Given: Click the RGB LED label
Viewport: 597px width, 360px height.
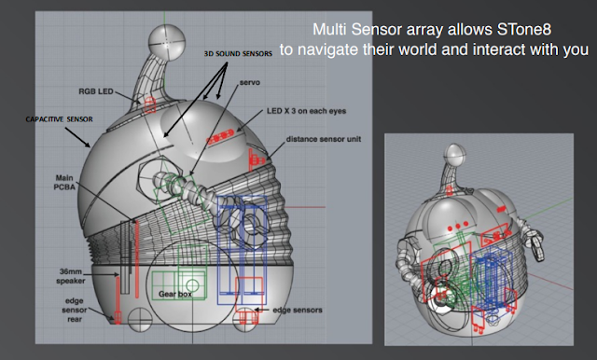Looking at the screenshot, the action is pyautogui.click(x=96, y=91).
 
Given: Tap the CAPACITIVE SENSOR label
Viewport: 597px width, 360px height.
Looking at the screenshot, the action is pyautogui.click(x=59, y=119).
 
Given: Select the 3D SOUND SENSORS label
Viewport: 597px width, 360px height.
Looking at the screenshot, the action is pyautogui.click(x=238, y=54).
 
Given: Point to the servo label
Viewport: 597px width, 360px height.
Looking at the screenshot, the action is pyautogui.click(x=250, y=83).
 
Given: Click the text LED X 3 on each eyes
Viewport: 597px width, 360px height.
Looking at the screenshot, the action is pyautogui.click(x=306, y=111).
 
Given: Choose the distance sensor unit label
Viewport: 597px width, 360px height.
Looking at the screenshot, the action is pyautogui.click(x=324, y=139).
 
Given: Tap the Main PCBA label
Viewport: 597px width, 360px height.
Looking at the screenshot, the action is pyautogui.click(x=64, y=182).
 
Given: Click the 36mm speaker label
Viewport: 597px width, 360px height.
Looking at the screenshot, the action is pyautogui.click(x=71, y=276).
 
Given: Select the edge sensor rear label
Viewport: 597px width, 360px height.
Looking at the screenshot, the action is pyautogui.click(x=75, y=311).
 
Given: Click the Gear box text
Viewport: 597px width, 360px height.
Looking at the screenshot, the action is pyautogui.click(x=175, y=294).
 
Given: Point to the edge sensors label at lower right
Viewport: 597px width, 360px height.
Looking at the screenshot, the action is pyautogui.click(x=298, y=311).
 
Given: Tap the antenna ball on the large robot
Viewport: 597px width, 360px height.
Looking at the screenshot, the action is pyautogui.click(x=166, y=41).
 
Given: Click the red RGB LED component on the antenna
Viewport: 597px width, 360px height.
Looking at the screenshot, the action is pyautogui.click(x=150, y=104).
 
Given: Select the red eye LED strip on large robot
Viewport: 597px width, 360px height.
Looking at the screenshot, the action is pyautogui.click(x=220, y=136).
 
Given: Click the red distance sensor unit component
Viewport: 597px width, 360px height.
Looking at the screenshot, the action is pyautogui.click(x=256, y=159).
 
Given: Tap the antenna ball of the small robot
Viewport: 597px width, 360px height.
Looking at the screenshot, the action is pyautogui.click(x=454, y=155).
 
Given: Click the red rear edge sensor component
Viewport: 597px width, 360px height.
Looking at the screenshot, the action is pyautogui.click(x=118, y=300).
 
